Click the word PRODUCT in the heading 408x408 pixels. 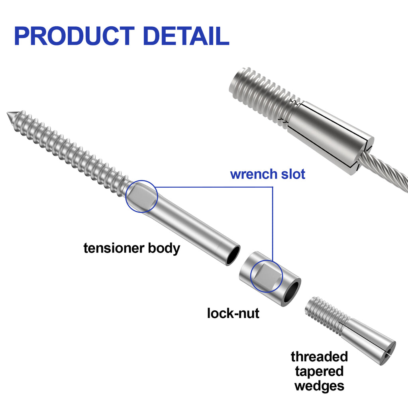click(75, 36)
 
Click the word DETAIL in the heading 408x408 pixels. click(186, 36)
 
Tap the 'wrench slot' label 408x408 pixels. click(267, 174)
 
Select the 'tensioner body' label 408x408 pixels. click(131, 248)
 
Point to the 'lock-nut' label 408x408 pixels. click(233, 313)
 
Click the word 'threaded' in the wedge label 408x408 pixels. click(319, 357)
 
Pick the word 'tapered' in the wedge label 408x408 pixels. click(319, 371)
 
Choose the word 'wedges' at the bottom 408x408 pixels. click(319, 386)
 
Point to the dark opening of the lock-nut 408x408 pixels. click(292, 293)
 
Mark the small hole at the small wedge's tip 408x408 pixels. click(388, 353)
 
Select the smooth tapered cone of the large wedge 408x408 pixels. click(330, 138)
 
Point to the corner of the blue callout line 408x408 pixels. click(273, 187)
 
